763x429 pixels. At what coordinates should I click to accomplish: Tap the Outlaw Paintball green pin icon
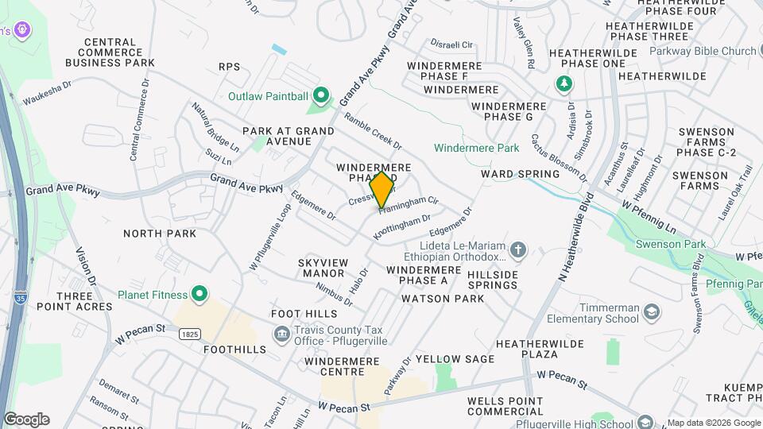click(x=321, y=96)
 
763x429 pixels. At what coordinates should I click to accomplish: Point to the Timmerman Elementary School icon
click(x=651, y=311)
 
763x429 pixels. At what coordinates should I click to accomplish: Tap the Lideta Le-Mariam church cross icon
click(x=518, y=251)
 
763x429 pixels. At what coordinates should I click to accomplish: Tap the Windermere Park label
click(x=477, y=148)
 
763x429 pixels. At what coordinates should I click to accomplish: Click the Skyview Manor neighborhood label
click(x=321, y=268)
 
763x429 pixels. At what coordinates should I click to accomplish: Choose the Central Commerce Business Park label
click(x=120, y=52)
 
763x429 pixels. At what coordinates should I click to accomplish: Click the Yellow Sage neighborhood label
click(x=455, y=359)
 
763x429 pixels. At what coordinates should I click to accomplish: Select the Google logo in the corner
click(x=26, y=419)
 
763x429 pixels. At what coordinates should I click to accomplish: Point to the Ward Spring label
click(x=515, y=173)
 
